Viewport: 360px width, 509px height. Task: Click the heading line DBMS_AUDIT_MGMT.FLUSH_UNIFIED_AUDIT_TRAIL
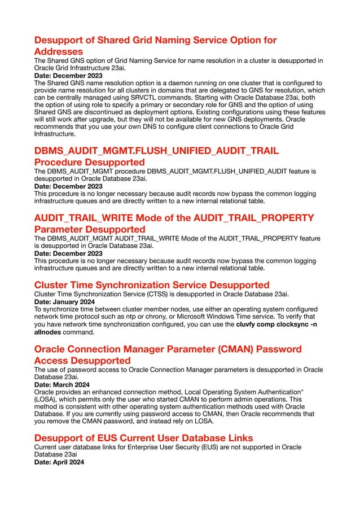tap(156, 151)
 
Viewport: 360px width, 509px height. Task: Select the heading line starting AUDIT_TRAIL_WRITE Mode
tap(174, 218)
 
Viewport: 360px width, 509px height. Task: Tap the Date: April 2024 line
tap(59, 462)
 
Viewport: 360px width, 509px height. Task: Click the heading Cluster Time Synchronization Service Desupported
tap(152, 284)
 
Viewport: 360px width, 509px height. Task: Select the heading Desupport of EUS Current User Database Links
tap(143, 437)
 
